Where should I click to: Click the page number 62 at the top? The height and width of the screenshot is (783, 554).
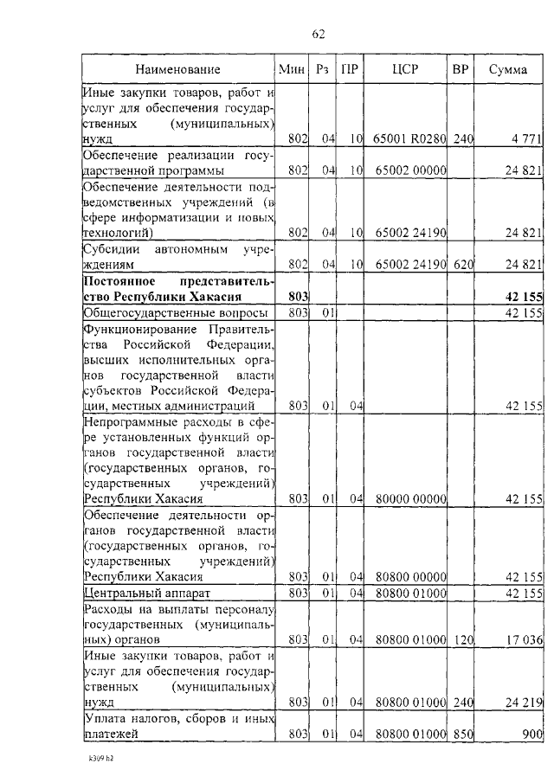click(317, 35)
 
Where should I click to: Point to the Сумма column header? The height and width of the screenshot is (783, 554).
click(507, 69)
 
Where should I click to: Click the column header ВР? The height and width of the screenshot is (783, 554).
click(461, 69)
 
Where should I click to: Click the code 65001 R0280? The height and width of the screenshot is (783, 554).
click(409, 138)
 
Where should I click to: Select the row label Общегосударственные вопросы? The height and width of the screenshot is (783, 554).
click(174, 312)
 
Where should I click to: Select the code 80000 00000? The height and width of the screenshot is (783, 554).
click(409, 499)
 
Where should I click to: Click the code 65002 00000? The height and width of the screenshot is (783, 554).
click(409, 170)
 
